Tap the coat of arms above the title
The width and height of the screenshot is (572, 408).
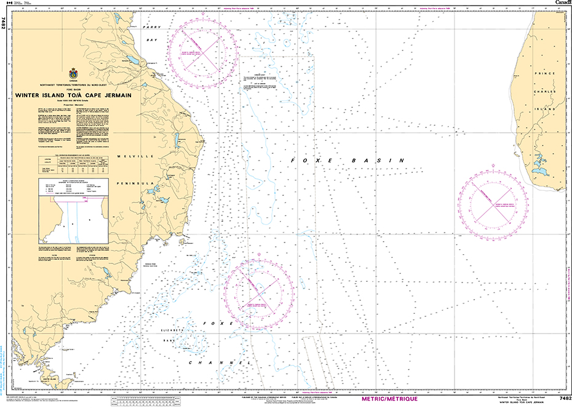73,73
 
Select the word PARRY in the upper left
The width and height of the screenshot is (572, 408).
151,28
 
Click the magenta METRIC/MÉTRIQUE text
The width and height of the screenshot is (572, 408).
390,399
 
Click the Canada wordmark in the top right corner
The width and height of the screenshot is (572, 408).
562,4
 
